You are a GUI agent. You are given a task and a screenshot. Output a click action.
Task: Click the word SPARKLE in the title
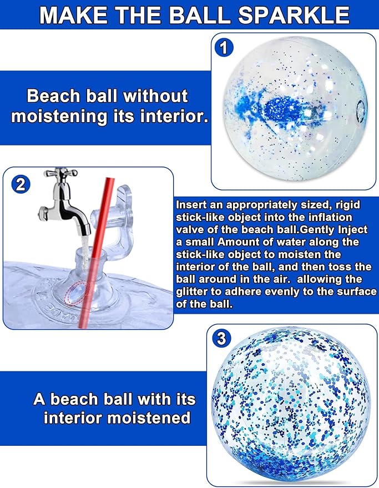click(x=294, y=14)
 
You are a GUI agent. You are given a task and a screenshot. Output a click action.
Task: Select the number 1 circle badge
click(x=224, y=48)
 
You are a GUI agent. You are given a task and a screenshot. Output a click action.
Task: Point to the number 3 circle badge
click(x=221, y=338)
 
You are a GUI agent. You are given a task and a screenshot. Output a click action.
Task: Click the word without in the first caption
click(x=156, y=95)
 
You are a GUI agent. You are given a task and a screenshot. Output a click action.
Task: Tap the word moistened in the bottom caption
click(x=148, y=417)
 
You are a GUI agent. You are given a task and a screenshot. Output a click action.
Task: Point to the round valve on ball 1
click(x=360, y=111)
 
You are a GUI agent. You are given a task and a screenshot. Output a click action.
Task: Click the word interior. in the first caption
click(x=174, y=116)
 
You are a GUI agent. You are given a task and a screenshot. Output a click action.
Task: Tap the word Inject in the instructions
click(x=353, y=230)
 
